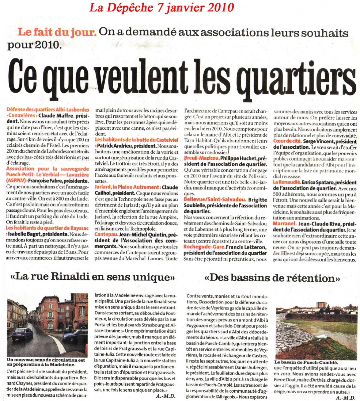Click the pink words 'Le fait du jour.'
point(57,32)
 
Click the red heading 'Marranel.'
point(284,223)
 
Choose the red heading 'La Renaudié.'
point(286,182)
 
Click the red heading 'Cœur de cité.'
point(286,141)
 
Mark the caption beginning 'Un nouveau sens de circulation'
point(46,362)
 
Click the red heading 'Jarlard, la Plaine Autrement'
point(127,187)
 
